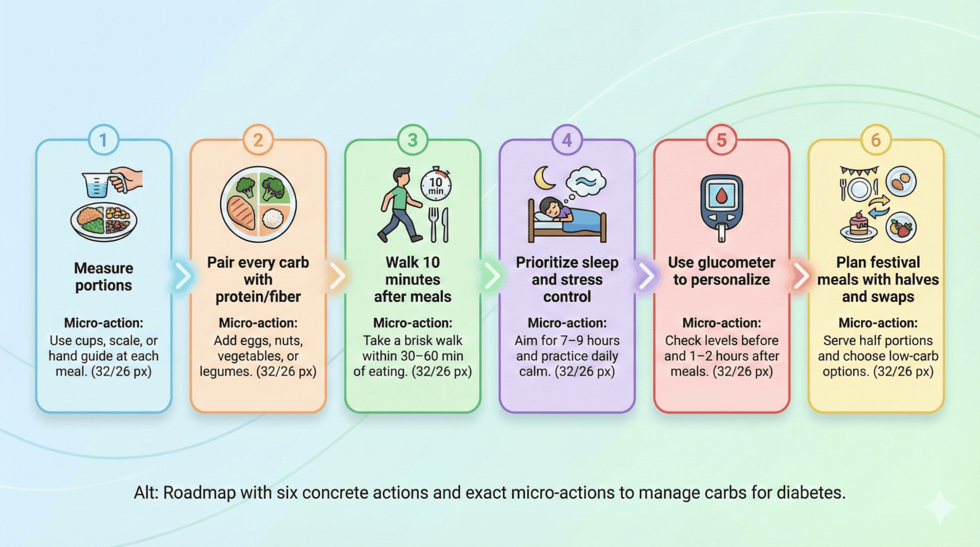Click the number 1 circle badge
[103, 140]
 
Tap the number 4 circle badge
[567, 140]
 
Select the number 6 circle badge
[876, 140]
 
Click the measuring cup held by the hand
[97, 184]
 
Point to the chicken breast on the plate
[241, 213]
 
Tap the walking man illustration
[399, 205]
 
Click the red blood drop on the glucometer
[721, 196]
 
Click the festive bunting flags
[859, 171]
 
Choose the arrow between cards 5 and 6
[801, 276]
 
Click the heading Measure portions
[103, 277]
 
